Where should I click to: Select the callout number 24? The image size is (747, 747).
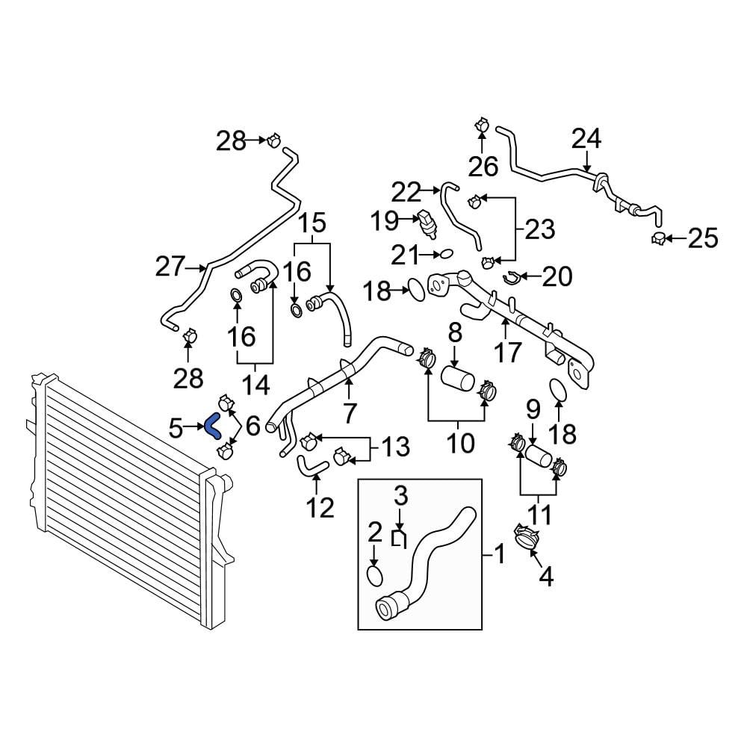pos(586,139)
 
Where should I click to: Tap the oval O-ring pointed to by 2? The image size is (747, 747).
pos(375,574)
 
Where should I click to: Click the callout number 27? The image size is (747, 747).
pos(170,267)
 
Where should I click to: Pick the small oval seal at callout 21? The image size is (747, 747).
pos(446,254)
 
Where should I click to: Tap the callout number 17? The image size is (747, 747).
pos(508,353)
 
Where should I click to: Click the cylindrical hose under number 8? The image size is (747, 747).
pos(457,379)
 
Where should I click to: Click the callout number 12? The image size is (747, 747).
pos(320,508)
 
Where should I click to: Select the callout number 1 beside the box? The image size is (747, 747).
pos(499,554)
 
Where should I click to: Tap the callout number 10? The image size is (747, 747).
pos(461,442)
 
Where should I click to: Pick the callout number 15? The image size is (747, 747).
pos(312,222)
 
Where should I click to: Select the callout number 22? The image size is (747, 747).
pos(406,193)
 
